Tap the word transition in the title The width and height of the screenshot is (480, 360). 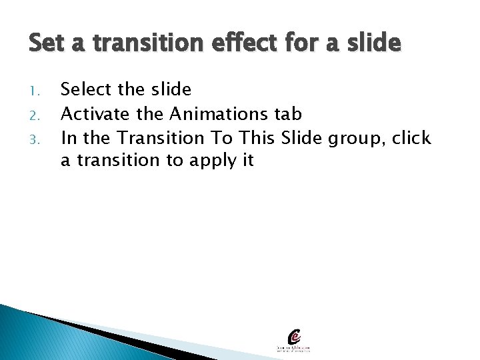point(141,44)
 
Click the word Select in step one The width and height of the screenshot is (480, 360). point(89,89)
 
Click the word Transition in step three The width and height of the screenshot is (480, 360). point(161,138)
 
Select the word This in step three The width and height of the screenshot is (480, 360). point(258,138)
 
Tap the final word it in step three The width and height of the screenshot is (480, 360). point(247,161)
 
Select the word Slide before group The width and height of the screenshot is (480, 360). point(301,138)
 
